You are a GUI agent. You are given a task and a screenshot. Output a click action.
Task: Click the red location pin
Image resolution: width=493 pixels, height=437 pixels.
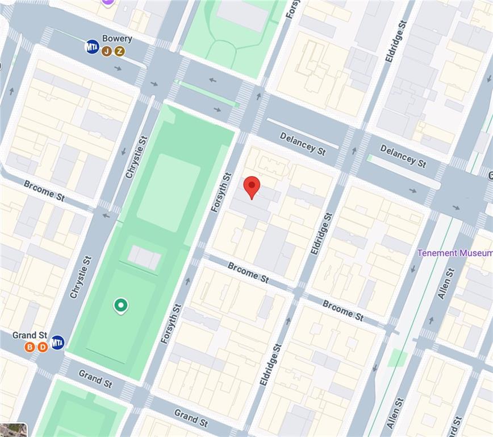pos(252,187)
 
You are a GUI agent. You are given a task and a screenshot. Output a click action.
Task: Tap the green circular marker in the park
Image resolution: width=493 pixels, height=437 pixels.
pos(120,306)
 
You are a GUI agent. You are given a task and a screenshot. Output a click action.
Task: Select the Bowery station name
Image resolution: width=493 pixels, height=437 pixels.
pos(117,39)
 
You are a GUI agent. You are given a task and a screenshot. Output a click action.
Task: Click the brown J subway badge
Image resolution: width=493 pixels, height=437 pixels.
pos(107,52)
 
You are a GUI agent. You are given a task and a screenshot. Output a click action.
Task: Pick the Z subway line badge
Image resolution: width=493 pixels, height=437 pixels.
pos(119,52)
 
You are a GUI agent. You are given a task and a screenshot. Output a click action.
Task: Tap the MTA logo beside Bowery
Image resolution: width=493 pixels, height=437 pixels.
pos(92,47)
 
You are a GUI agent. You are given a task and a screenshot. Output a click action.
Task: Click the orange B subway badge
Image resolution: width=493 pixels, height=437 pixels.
pos(30,347)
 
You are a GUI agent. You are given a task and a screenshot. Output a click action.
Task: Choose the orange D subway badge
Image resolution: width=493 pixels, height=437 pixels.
pos(43,347)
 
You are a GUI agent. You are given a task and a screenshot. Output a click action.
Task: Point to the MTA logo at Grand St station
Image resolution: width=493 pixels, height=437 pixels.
pos(57,343)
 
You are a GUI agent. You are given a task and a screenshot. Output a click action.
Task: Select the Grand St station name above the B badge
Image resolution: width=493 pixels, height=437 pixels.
pos(30,335)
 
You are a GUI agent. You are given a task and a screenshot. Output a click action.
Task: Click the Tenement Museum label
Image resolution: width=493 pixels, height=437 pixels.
pos(454,253)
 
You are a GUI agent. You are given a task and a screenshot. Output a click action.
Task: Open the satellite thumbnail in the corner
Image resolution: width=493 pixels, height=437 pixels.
pos(13,429)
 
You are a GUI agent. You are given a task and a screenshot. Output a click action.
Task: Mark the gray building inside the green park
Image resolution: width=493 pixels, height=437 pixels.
pos(144,257)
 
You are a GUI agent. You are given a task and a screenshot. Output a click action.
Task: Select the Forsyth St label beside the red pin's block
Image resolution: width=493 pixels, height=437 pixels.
pos(221,193)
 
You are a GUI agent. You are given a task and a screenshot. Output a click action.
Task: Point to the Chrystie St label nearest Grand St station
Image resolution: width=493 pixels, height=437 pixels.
pos(80,277)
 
